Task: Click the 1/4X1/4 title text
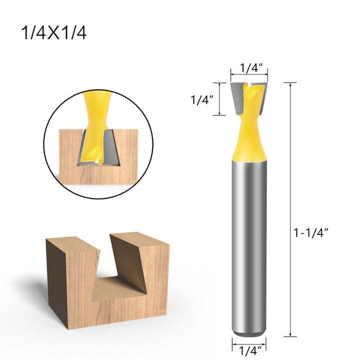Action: pos(54,33)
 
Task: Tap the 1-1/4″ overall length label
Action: pos(311,233)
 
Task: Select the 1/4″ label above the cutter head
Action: pos(251,68)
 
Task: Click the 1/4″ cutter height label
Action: pos(202,100)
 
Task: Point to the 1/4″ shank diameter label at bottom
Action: pos(250,351)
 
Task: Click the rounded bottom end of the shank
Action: pos(249,334)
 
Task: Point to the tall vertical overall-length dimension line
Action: pos(290,209)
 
